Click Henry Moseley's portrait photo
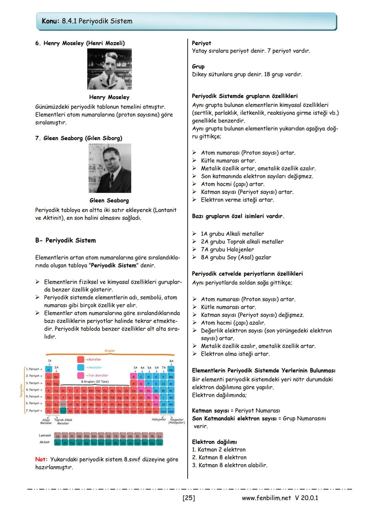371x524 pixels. point(109,69)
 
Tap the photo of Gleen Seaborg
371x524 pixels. point(110,168)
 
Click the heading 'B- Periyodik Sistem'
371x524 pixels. point(65,240)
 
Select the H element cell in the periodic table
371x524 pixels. point(49,370)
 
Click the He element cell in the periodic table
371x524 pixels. point(171,370)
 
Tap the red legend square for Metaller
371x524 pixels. point(81,359)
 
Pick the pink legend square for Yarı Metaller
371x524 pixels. point(81,375)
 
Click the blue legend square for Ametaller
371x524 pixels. point(81,367)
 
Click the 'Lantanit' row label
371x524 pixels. point(45,435)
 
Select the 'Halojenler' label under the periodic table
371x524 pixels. point(158,419)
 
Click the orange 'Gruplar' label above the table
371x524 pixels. point(110,351)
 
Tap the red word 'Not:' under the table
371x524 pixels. point(41,459)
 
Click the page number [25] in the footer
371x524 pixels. point(189,498)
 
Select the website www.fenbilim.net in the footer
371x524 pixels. point(266,498)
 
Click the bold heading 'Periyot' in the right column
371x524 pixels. point(201,43)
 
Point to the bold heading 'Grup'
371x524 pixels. point(198,67)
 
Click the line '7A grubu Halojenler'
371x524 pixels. point(227,249)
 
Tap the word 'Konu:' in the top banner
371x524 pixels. point(50,21)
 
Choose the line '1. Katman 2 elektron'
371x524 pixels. point(218,450)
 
